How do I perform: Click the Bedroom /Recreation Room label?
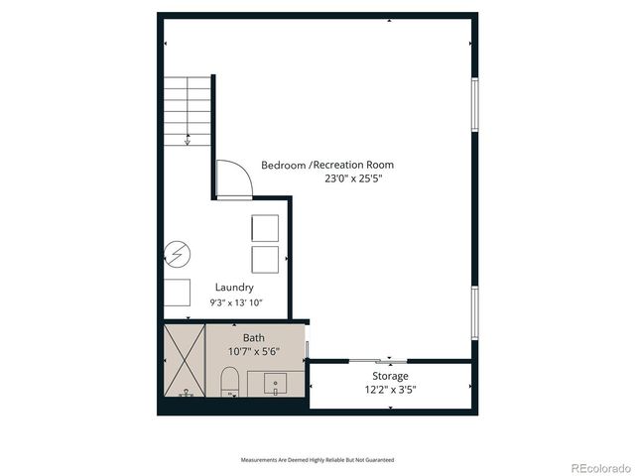[x=327, y=165]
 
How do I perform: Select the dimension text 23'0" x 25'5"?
[x=353, y=179]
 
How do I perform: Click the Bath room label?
[x=254, y=338]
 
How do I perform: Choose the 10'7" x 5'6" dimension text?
[x=254, y=352]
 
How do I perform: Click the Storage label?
[x=390, y=376]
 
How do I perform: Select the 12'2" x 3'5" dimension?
[x=390, y=390]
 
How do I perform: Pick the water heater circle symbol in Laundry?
[x=176, y=255]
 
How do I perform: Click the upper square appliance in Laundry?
[x=266, y=228]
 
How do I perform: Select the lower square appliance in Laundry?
[x=266, y=261]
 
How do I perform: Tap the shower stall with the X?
[x=184, y=361]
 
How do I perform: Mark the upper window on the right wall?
[x=474, y=105]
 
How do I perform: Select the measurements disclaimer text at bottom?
[x=317, y=460]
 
